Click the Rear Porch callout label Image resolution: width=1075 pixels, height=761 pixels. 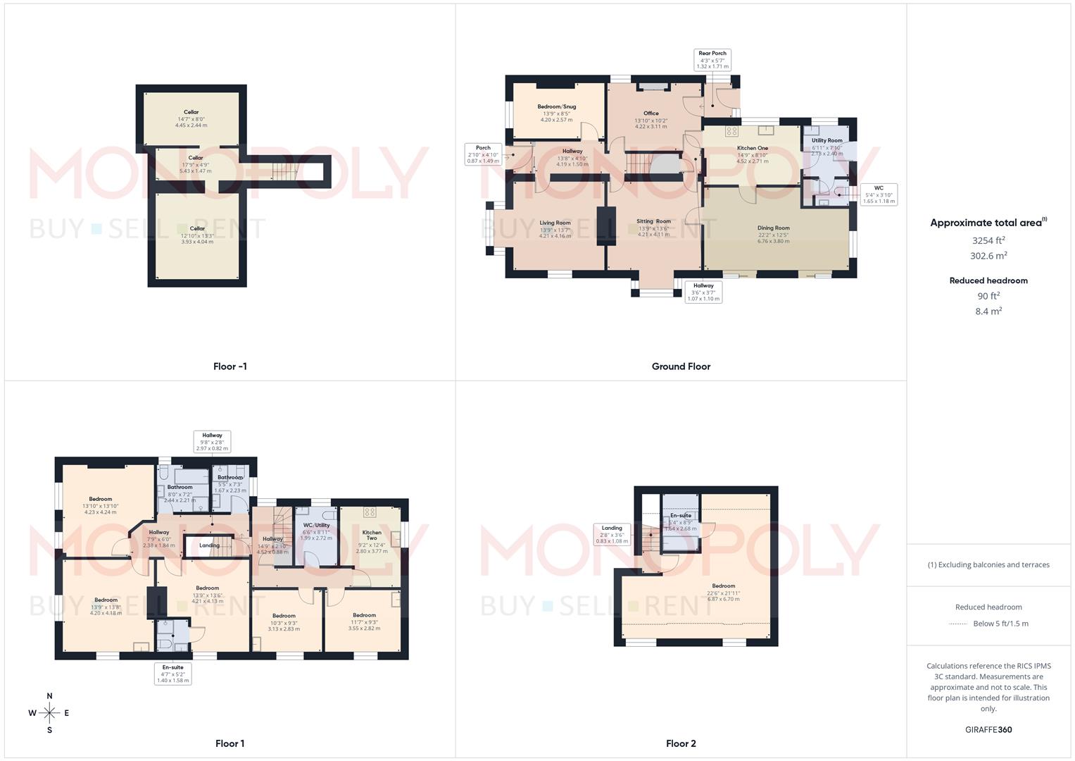tap(712, 59)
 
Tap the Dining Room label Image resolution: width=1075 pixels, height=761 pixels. tap(773, 228)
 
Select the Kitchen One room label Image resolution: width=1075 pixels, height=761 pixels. tap(752, 148)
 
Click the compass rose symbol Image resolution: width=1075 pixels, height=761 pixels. tap(49, 713)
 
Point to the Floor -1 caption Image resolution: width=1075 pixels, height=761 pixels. tap(230, 366)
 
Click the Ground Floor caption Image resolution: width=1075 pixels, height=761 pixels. tap(681, 366)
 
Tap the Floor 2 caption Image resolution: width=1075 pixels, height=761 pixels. tap(681, 743)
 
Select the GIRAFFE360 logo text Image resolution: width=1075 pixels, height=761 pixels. tap(988, 730)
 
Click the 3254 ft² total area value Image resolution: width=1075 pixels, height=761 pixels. tap(988, 240)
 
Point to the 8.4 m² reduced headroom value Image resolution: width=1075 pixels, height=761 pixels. tap(988, 311)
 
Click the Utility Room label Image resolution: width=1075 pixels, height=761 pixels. tap(826, 140)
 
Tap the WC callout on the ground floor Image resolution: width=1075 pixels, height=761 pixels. tap(879, 194)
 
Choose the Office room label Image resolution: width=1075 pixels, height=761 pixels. tap(650, 113)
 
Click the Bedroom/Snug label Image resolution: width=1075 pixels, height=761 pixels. tap(556, 107)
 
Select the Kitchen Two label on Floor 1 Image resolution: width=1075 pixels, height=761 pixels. tap(372, 536)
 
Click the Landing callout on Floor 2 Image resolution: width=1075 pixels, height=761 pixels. tap(611, 534)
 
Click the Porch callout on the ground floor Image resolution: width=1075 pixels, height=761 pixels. tap(483, 154)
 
